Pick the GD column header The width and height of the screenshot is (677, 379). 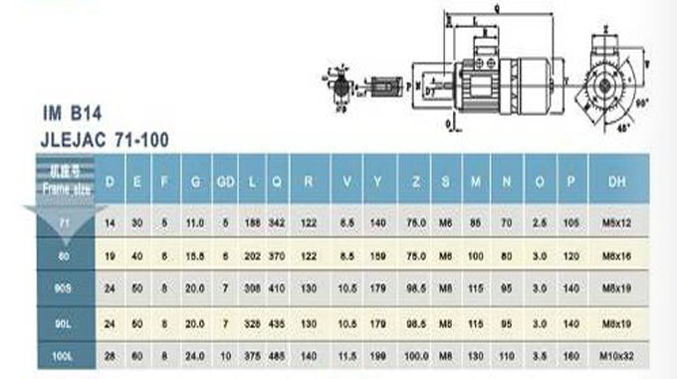pyautogui.click(x=226, y=182)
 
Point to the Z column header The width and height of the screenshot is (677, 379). pyautogui.click(x=414, y=182)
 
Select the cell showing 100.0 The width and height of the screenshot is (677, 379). pyautogui.click(x=414, y=355)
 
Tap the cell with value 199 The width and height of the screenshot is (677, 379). pyautogui.click(x=378, y=355)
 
